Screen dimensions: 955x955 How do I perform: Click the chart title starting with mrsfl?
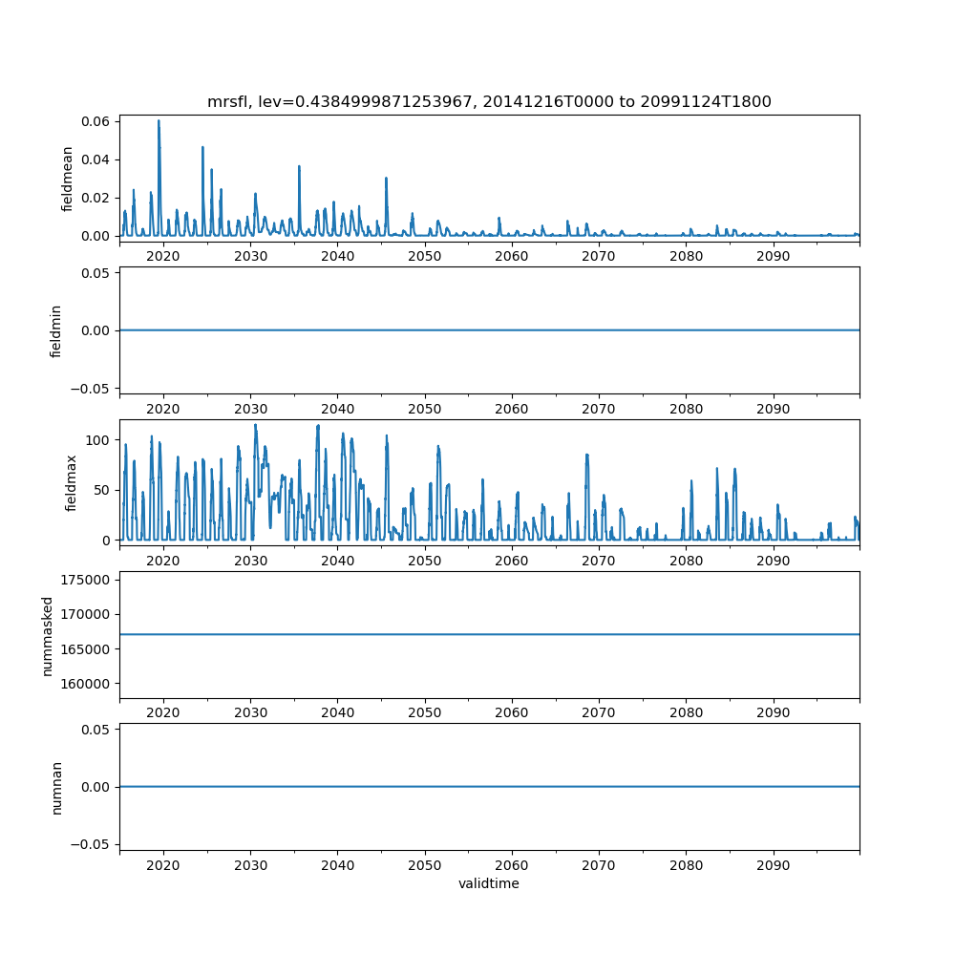tap(489, 101)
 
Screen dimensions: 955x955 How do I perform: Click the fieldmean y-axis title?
tap(67, 179)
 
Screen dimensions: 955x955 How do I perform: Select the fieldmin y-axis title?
tap(56, 330)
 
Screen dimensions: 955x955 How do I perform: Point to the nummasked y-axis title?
tap(47, 634)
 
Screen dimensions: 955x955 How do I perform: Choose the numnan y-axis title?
tap(56, 787)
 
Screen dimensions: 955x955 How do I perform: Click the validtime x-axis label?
tap(489, 883)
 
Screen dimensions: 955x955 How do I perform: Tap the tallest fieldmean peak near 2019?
tap(159, 121)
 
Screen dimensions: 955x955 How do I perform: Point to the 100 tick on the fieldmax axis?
tap(100, 440)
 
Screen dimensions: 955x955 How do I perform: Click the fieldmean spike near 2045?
tap(386, 179)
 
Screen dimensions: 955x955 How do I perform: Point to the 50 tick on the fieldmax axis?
tap(103, 490)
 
